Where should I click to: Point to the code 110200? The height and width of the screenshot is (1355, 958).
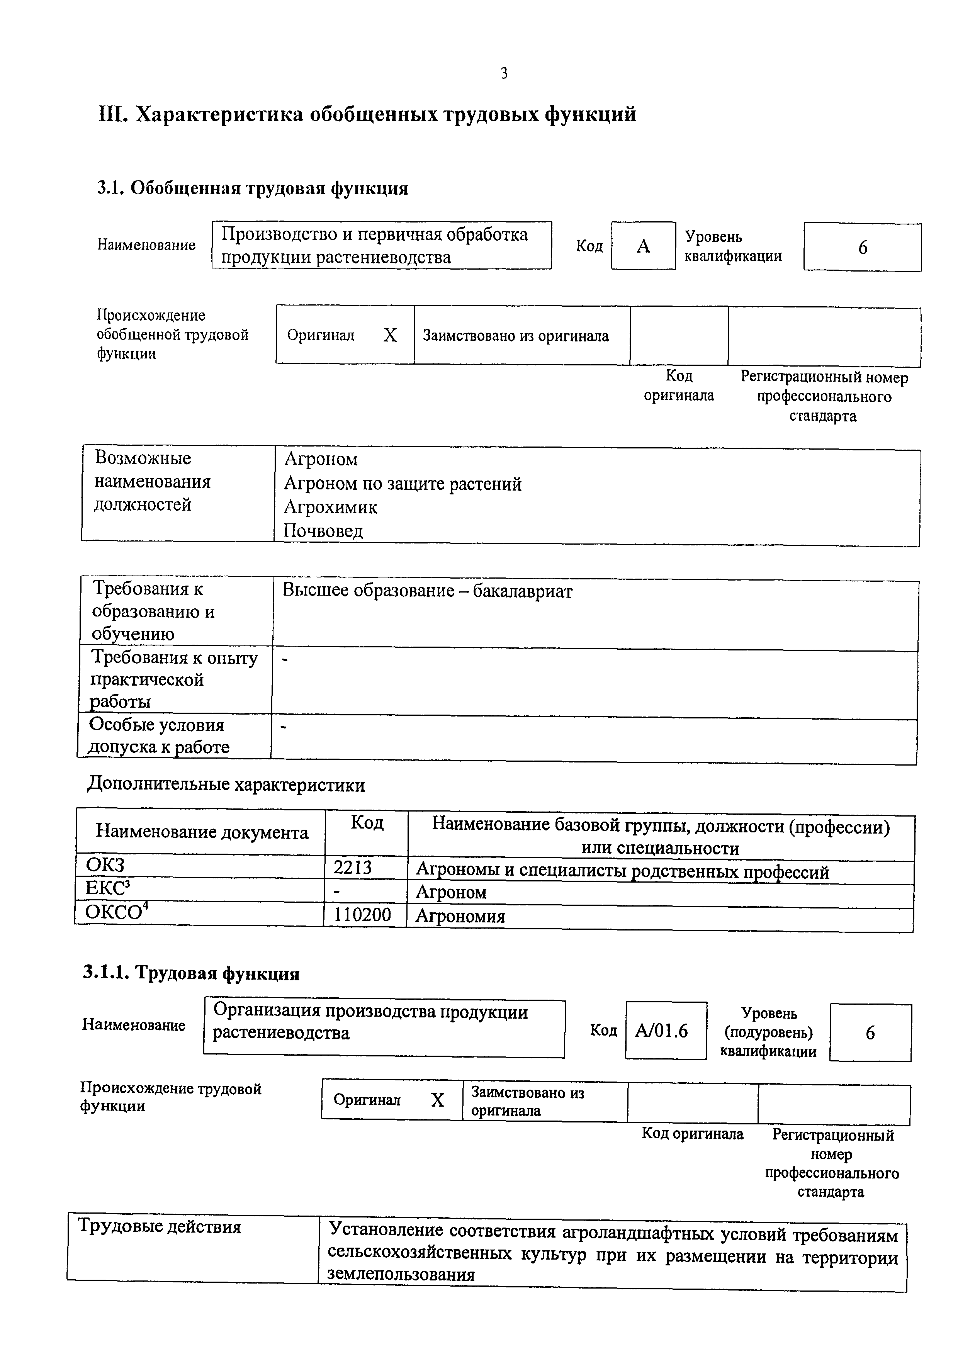point(362,914)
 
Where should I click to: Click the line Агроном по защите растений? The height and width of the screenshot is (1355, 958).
point(403,483)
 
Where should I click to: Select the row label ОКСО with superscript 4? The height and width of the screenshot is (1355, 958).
point(116,912)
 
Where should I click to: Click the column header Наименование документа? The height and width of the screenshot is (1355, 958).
point(202,832)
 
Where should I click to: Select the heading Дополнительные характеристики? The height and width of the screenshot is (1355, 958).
point(226,785)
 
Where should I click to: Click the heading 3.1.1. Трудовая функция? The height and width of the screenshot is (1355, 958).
point(191,973)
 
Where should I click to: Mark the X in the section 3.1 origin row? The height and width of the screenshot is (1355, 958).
point(390,335)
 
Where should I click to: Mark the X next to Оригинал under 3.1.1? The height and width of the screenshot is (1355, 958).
point(437,1099)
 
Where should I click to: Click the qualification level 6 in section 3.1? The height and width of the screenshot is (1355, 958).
point(862,247)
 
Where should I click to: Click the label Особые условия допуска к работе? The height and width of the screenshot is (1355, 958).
point(158,736)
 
